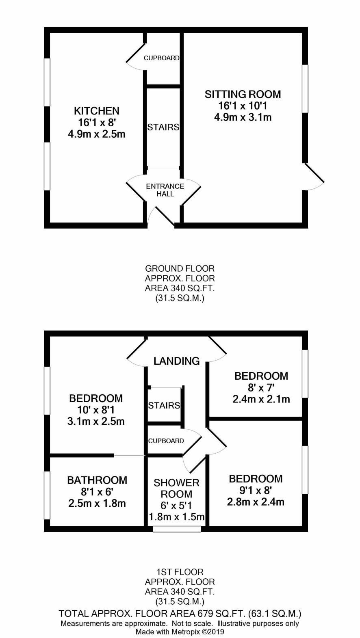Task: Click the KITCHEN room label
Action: (x=97, y=110)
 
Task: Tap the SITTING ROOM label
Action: (x=243, y=94)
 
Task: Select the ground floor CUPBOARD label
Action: (x=162, y=58)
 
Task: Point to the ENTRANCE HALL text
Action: (x=165, y=190)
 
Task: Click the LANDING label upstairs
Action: (x=176, y=361)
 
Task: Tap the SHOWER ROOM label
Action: (x=176, y=489)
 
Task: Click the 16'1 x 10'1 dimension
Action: (x=243, y=106)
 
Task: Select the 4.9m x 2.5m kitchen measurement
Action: (x=97, y=134)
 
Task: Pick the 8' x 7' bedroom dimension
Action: (x=261, y=388)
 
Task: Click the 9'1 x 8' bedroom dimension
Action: (x=256, y=491)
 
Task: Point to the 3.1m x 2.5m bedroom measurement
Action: (x=96, y=421)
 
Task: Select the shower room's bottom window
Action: (x=177, y=529)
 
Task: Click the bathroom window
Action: (x=47, y=495)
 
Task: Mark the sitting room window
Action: (x=305, y=89)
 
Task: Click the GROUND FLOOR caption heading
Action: (x=180, y=268)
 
